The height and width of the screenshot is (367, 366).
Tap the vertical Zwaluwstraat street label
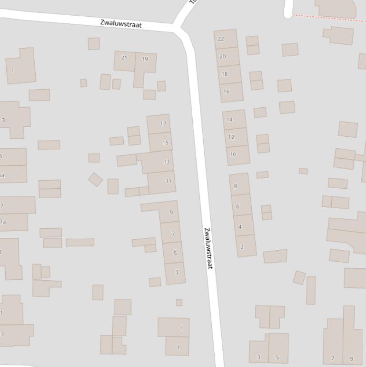pyautogui.click(x=208, y=248)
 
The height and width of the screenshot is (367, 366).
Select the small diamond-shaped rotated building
pyautogui.click(x=95, y=179)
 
